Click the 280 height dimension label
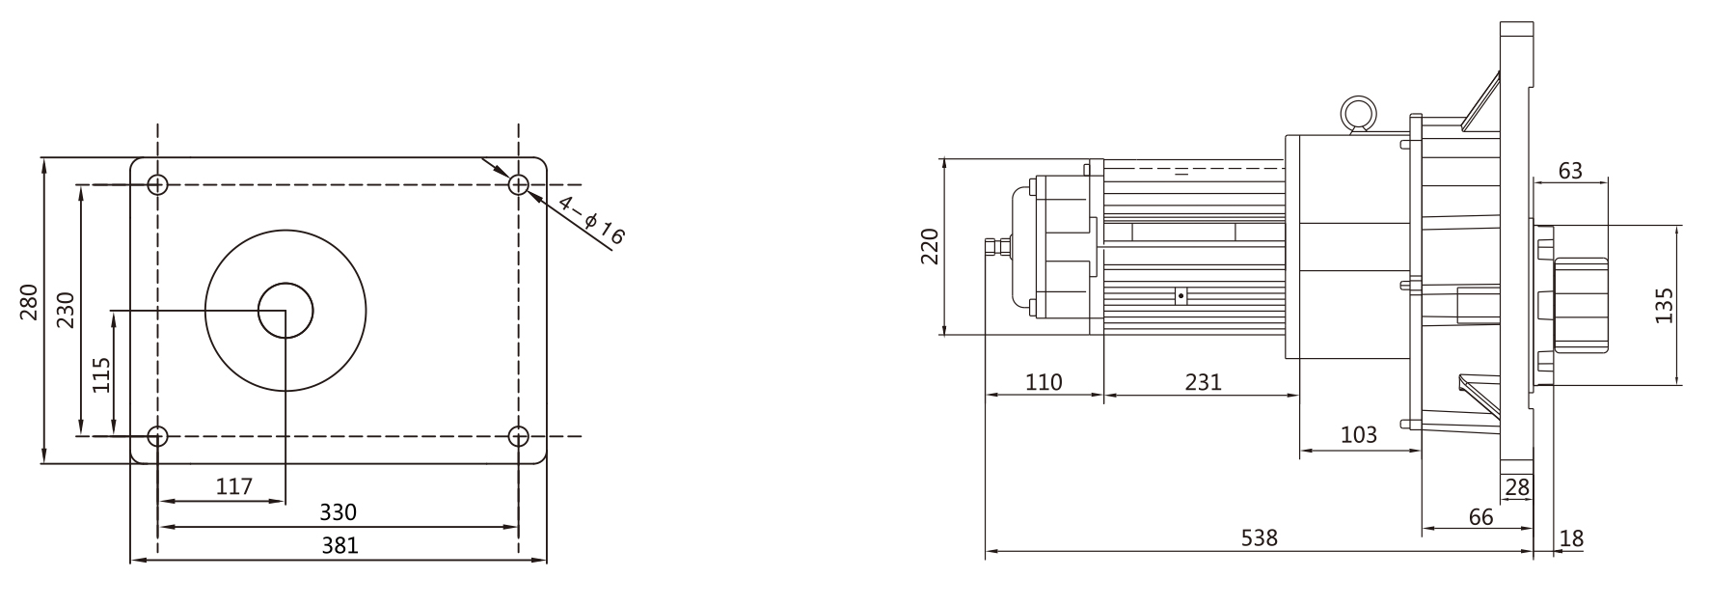[x=29, y=302]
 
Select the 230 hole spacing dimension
[x=66, y=311]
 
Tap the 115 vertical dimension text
[x=101, y=374]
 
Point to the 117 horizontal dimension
[x=233, y=487]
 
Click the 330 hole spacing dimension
[x=338, y=512]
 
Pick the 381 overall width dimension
[x=339, y=546]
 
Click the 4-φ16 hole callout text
[x=591, y=222]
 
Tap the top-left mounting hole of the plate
[x=158, y=184]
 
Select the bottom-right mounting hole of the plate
[x=519, y=436]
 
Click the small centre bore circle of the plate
[x=285, y=311]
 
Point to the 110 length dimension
[x=1043, y=383]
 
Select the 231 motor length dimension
[x=1202, y=383]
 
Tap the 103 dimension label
[x=1359, y=435]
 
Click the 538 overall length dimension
[x=1259, y=538]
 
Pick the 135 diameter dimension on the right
[x=1664, y=305]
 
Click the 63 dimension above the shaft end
[x=1570, y=171]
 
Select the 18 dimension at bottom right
[x=1571, y=539]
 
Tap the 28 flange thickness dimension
[x=1517, y=488]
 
